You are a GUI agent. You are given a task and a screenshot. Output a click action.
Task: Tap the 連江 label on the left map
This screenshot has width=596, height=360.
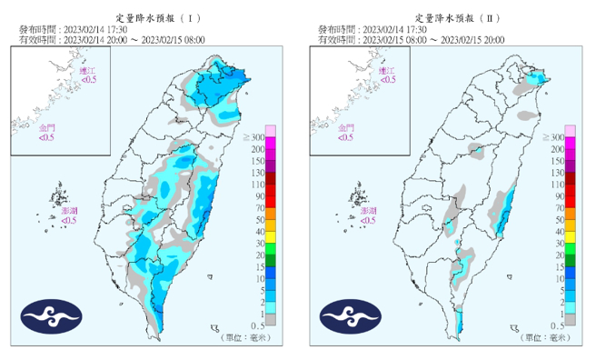[x=87, y=70]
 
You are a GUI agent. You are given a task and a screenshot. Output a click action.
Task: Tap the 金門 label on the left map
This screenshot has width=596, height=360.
[x=45, y=129]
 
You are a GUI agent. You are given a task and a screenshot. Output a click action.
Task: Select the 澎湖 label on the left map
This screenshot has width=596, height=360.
[x=69, y=210]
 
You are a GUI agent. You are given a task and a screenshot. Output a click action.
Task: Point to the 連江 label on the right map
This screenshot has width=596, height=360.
[x=386, y=70]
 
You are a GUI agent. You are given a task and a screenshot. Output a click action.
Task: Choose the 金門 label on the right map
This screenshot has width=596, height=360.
[x=345, y=129]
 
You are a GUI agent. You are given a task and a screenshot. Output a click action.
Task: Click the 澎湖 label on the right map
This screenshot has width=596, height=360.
[x=368, y=210]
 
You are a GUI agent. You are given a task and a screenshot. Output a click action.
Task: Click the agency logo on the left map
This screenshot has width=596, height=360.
[x=52, y=316]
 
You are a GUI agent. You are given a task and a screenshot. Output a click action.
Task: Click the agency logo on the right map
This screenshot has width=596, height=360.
[x=351, y=316]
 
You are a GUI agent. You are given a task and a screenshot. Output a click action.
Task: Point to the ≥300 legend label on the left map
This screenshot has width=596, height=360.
[x=253, y=137]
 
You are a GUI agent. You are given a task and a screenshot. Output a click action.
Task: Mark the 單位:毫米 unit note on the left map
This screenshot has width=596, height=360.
[x=243, y=338]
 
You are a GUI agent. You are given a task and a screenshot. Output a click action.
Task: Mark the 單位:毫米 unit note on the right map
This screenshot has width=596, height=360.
[x=542, y=338]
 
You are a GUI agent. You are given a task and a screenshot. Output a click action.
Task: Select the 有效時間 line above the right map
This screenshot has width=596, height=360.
[x=428, y=40]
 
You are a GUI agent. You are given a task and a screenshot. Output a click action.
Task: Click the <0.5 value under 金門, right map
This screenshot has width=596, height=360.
[x=345, y=138]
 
